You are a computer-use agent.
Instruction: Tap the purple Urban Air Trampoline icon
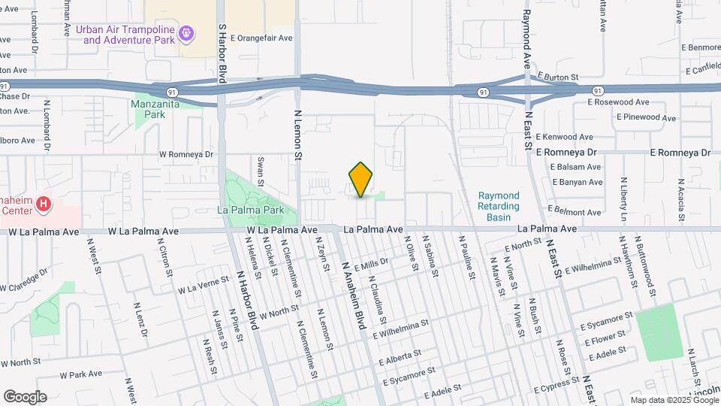(x=187, y=33)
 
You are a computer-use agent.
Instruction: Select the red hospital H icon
(x=44, y=204)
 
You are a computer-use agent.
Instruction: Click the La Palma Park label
(x=251, y=210)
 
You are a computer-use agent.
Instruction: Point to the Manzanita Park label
(x=148, y=109)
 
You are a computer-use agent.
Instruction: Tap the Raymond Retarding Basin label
(x=499, y=207)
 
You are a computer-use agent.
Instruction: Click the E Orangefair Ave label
(x=261, y=38)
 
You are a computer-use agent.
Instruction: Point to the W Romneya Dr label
(x=189, y=153)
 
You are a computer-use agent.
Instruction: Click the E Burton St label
(x=558, y=77)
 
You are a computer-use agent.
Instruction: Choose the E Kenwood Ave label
(x=566, y=138)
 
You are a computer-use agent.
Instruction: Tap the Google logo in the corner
(x=25, y=397)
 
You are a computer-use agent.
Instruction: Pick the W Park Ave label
(x=81, y=374)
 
